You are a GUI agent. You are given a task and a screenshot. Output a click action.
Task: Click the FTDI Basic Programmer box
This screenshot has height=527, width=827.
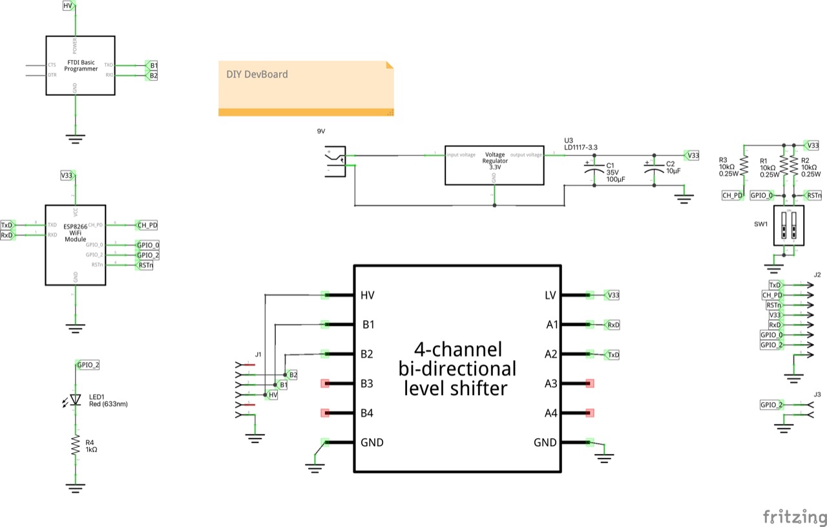point(81,65)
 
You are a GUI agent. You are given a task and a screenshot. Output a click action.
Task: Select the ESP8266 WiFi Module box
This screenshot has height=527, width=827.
point(75,245)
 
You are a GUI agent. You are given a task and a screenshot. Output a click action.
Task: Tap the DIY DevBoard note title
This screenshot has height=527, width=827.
point(257,74)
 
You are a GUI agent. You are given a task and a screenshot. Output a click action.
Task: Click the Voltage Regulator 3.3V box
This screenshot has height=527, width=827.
point(495,165)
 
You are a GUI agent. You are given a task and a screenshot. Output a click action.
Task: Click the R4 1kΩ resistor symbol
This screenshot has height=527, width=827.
point(76,446)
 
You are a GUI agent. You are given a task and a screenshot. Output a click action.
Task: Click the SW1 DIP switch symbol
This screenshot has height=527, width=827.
point(789,227)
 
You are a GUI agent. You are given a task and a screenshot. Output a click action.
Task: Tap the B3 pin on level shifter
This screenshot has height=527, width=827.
point(326,383)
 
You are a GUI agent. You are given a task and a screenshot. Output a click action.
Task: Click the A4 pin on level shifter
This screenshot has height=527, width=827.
point(589,413)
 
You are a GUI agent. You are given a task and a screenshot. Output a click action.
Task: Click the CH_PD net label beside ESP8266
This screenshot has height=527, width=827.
point(147,225)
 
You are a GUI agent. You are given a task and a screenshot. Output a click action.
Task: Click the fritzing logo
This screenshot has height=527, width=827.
point(794,517)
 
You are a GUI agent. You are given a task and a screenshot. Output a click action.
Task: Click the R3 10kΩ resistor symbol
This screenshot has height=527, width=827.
point(744,166)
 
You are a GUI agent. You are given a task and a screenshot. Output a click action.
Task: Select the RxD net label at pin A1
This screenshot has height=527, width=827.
point(612,325)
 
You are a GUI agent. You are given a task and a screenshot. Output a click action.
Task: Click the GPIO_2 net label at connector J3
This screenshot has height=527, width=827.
point(771,405)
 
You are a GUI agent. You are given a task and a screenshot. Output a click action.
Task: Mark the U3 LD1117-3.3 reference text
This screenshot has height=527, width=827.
point(580,144)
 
